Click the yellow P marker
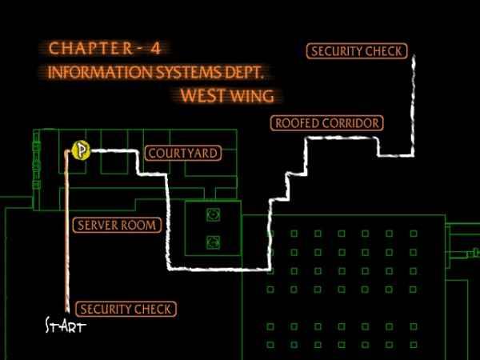coord(79,150)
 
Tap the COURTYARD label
coord(182,153)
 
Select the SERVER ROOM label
coord(116,225)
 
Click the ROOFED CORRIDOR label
coord(326,123)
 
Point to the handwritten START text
coord(65,326)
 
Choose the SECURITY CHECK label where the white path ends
coord(356,51)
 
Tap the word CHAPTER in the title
coord(83,48)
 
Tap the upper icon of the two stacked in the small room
coord(214,214)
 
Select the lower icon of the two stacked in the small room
coord(214,241)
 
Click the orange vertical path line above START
coord(66,240)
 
